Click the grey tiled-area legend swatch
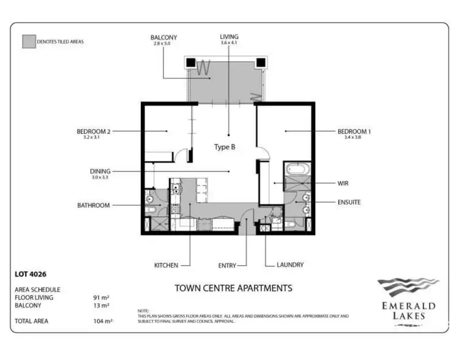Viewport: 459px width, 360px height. pyautogui.click(x=29, y=42)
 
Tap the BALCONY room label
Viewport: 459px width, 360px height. pyautogui.click(x=164, y=38)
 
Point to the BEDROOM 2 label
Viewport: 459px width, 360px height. pyautogui.click(x=93, y=131)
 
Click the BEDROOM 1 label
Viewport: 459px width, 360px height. pyautogui.click(x=354, y=131)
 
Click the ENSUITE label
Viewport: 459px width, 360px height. pyautogui.click(x=349, y=201)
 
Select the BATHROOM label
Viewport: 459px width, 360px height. pyautogui.click(x=93, y=206)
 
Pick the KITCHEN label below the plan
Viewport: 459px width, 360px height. pyautogui.click(x=166, y=265)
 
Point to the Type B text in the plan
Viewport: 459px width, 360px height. pyautogui.click(x=224, y=147)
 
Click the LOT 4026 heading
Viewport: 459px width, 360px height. pyautogui.click(x=30, y=274)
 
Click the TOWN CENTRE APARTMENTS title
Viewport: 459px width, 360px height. pyautogui.click(x=233, y=288)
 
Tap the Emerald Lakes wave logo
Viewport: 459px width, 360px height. pyautogui.click(x=408, y=287)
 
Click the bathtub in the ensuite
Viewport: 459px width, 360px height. pyautogui.click(x=297, y=170)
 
